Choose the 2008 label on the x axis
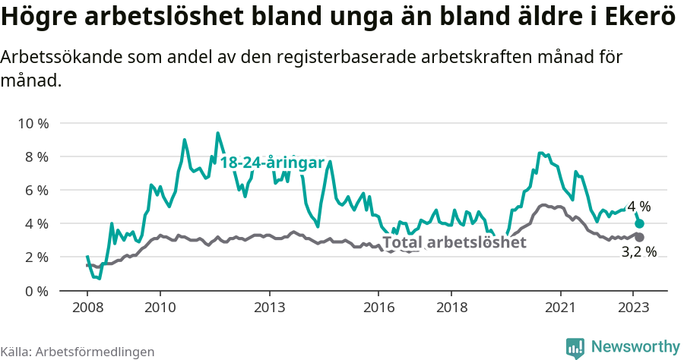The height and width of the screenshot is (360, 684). pyautogui.click(x=87, y=308)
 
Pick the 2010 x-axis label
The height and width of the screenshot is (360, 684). pyautogui.click(x=160, y=308)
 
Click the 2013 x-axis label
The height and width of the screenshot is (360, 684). pyautogui.click(x=269, y=308)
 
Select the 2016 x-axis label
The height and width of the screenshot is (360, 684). pyautogui.click(x=378, y=308)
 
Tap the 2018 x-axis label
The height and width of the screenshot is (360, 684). pyautogui.click(x=451, y=308)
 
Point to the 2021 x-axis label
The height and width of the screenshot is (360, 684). pyautogui.click(x=561, y=308)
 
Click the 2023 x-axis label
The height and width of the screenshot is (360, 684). pyautogui.click(x=634, y=308)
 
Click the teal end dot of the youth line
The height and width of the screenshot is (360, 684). pyautogui.click(x=640, y=223)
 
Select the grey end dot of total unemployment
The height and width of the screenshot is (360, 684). pyautogui.click(x=640, y=237)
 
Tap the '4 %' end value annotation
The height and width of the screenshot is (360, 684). pyautogui.click(x=638, y=206)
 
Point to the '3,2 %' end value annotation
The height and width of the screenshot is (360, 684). pyautogui.click(x=638, y=252)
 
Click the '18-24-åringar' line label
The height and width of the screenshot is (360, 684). pyautogui.click(x=272, y=163)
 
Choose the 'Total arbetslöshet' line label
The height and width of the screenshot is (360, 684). pyautogui.click(x=454, y=242)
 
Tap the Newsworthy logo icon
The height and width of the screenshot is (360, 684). pyautogui.click(x=575, y=347)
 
